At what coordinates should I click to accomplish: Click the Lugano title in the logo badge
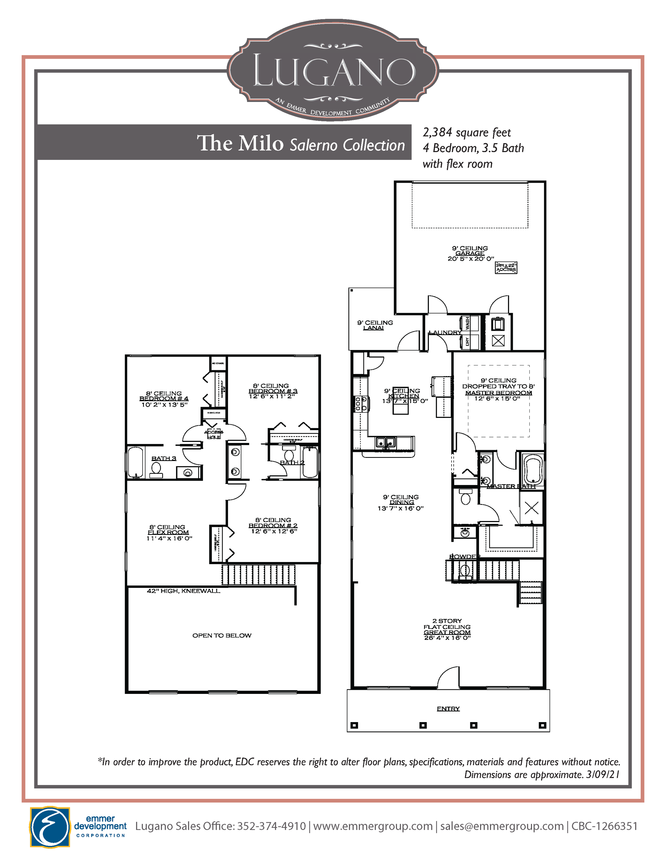pos(333,71)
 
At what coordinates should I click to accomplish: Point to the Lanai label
pos(373,328)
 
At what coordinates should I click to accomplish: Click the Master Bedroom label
pos(498,393)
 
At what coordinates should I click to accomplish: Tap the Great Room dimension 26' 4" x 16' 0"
pos(447,638)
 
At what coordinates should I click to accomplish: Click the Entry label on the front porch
pos(448,709)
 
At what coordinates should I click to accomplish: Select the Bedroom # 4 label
pos(164,398)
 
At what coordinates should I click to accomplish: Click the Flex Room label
pos(168,532)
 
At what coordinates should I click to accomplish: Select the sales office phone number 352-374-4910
pos(271,826)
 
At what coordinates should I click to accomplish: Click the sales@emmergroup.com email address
pos(502,826)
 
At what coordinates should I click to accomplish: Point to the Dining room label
pos(402,502)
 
